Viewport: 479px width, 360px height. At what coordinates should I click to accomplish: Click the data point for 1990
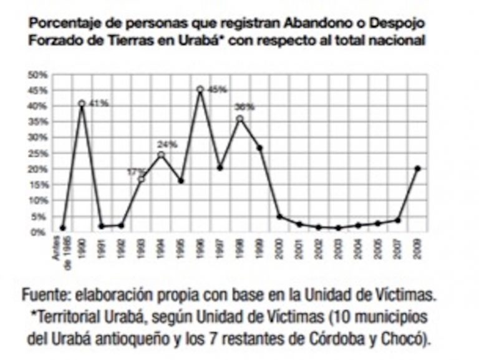[82, 104]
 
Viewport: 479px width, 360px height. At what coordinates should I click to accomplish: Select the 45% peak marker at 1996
[200, 90]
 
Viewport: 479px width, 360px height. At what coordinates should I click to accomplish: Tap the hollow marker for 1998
[239, 119]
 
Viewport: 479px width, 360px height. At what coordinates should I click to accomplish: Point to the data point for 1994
[161, 155]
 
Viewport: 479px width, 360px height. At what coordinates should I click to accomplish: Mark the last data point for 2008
[417, 168]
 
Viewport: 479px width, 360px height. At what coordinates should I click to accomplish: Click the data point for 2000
[279, 216]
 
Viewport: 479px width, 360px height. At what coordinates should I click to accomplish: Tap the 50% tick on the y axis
[37, 75]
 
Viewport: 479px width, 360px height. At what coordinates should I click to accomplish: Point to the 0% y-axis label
[40, 232]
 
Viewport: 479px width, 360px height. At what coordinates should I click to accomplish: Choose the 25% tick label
[37, 153]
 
